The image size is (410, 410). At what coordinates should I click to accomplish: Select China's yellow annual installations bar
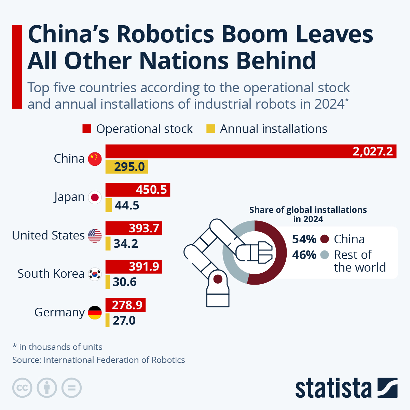pyautogui.click(x=126, y=167)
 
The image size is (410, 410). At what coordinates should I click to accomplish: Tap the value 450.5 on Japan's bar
pyautogui.click(x=151, y=190)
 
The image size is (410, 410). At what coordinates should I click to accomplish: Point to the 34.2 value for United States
pyautogui.click(x=125, y=244)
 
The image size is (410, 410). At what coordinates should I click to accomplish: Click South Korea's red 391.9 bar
pyautogui.click(x=134, y=266)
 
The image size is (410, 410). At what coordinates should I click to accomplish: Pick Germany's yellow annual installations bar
pyautogui.click(x=108, y=320)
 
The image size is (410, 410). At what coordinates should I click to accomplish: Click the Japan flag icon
pyautogui.click(x=95, y=197)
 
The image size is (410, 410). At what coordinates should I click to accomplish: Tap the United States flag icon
pyautogui.click(x=95, y=236)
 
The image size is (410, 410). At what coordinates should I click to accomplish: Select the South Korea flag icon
pyautogui.click(x=95, y=274)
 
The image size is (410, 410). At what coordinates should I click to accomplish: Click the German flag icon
pyautogui.click(x=95, y=313)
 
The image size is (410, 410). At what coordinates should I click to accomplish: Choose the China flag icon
pyautogui.click(x=95, y=159)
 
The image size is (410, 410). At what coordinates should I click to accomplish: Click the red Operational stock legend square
pyautogui.click(x=87, y=129)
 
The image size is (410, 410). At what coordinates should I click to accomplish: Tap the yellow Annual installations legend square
pyautogui.click(x=211, y=129)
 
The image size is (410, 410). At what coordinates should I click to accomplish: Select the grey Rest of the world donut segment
pyautogui.click(x=230, y=260)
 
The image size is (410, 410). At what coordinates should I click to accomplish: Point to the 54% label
pyautogui.click(x=304, y=239)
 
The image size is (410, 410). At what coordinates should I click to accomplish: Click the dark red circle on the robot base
pyautogui.click(x=218, y=279)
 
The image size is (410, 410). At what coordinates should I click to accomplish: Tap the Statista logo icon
pyautogui.click(x=387, y=388)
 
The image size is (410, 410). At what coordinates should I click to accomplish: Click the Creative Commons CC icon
pyautogui.click(x=22, y=388)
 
